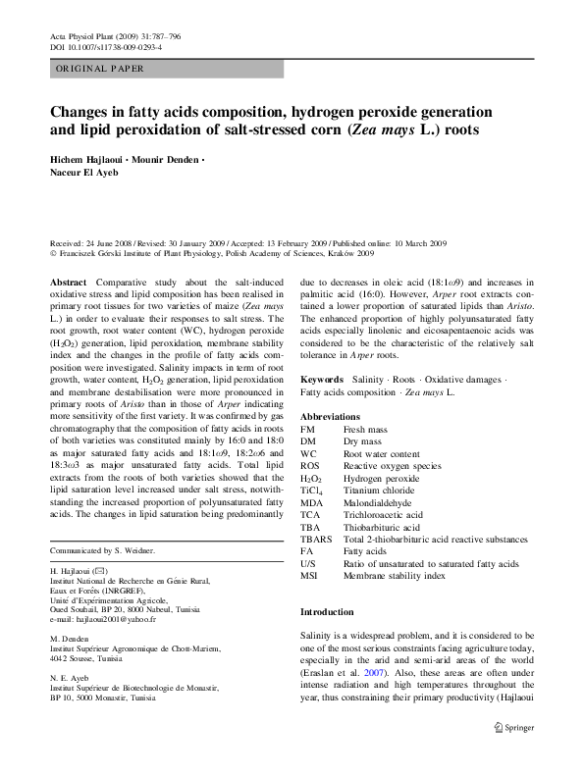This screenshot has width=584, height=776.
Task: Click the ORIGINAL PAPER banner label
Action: point(99,69)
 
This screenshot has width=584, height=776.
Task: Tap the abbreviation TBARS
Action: point(317,539)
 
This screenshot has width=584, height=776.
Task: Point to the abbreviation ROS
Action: point(310,462)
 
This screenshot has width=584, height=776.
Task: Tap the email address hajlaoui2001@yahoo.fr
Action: point(107,619)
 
